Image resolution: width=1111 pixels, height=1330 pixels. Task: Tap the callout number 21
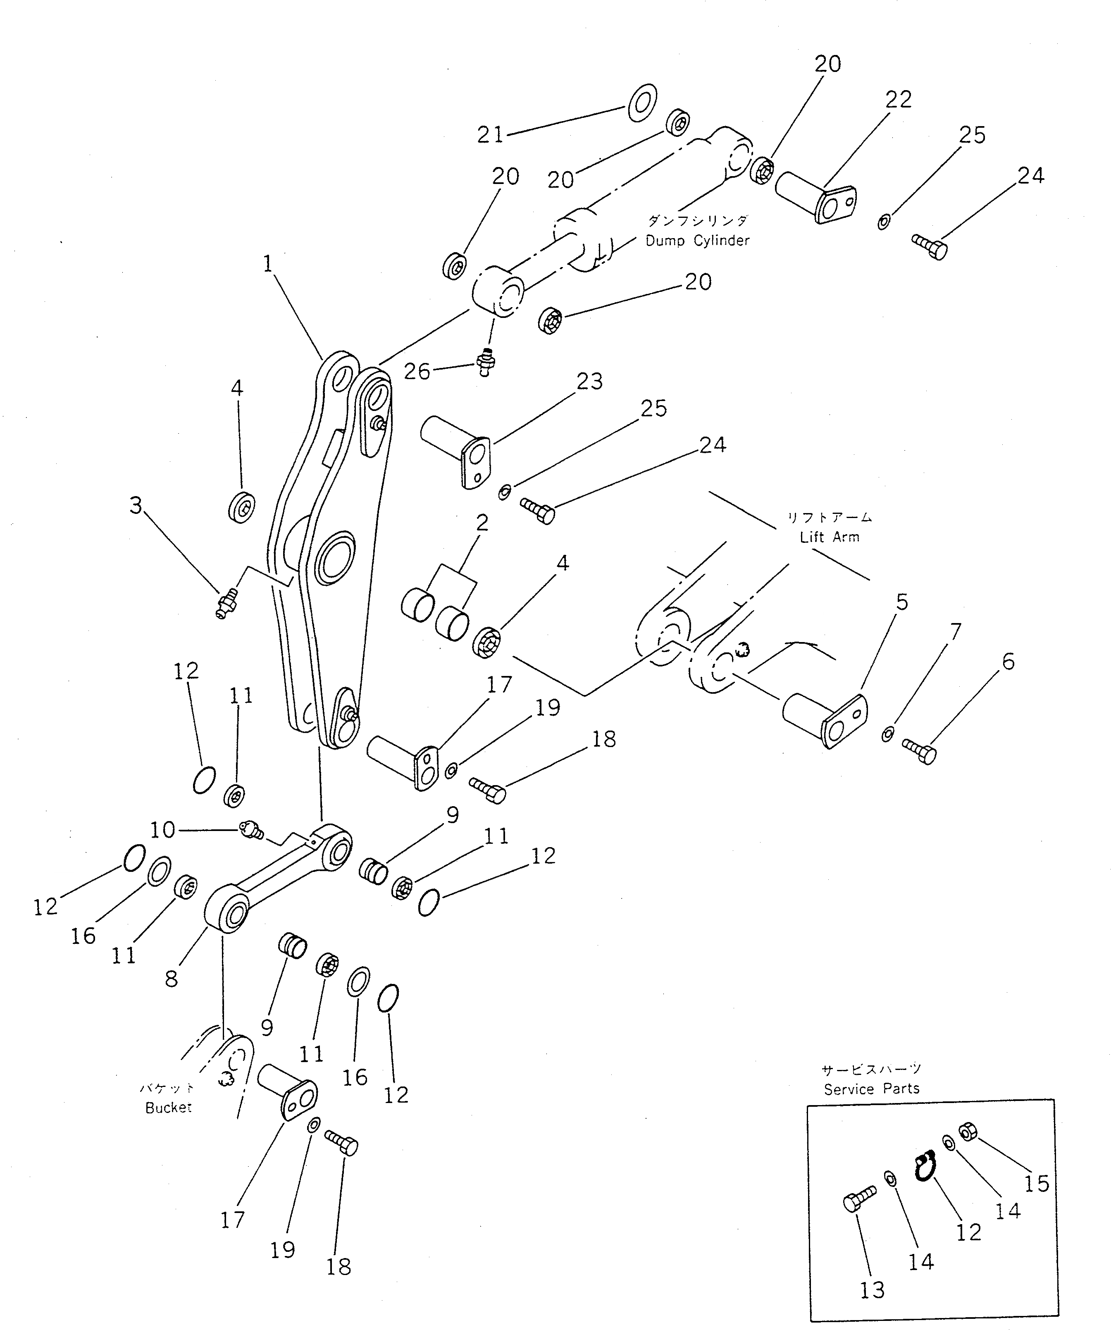point(490,134)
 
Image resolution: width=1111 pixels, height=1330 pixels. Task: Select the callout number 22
point(898,100)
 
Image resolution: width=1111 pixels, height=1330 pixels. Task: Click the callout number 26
point(417,371)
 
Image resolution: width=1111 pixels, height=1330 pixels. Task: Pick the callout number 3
point(136,505)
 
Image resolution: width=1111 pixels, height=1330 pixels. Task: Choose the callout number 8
point(171,979)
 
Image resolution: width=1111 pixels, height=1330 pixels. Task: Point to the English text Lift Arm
point(829,537)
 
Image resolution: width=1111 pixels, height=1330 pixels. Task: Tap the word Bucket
point(168,1108)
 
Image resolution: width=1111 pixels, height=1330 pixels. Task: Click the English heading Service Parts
point(872,1089)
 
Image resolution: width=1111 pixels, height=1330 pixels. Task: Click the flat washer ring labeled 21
point(642,102)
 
